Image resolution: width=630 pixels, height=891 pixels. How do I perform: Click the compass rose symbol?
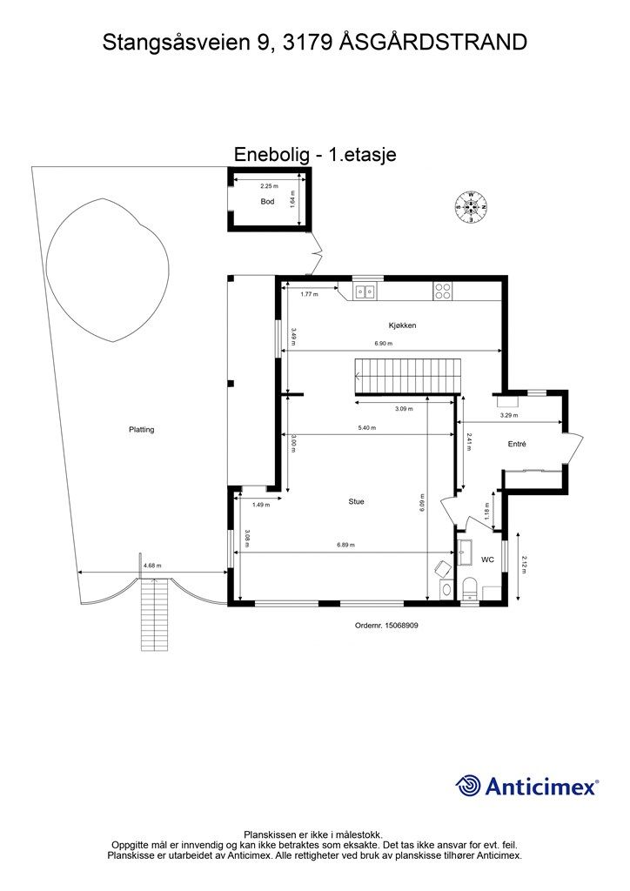471,206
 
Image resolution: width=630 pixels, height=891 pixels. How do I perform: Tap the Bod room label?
268,202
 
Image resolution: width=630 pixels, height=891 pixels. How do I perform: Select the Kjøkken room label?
403,325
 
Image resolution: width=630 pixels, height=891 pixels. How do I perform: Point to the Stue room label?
356,501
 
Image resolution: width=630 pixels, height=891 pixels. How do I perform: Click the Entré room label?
518,444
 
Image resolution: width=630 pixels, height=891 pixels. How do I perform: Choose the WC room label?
487,560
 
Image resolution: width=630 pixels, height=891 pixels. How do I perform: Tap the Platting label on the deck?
141,430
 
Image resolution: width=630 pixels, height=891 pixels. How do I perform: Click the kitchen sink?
365,292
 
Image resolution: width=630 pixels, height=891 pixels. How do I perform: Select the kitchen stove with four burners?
443,292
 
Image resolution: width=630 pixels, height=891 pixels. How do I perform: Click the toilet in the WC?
469,589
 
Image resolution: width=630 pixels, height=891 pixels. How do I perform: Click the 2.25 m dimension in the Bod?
269,186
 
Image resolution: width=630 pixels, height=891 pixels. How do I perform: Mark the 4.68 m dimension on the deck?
151,566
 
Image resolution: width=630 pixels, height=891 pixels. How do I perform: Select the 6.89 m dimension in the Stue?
345,546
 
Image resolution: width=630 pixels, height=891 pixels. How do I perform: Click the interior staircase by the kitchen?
404,376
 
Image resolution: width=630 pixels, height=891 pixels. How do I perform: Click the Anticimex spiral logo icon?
469,786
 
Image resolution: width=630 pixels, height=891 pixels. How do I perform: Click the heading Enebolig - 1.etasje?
315,154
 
